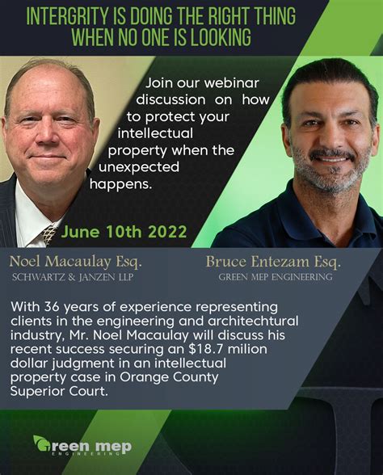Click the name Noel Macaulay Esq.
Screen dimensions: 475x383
(x=75, y=261)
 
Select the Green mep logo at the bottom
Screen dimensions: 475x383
(x=82, y=446)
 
